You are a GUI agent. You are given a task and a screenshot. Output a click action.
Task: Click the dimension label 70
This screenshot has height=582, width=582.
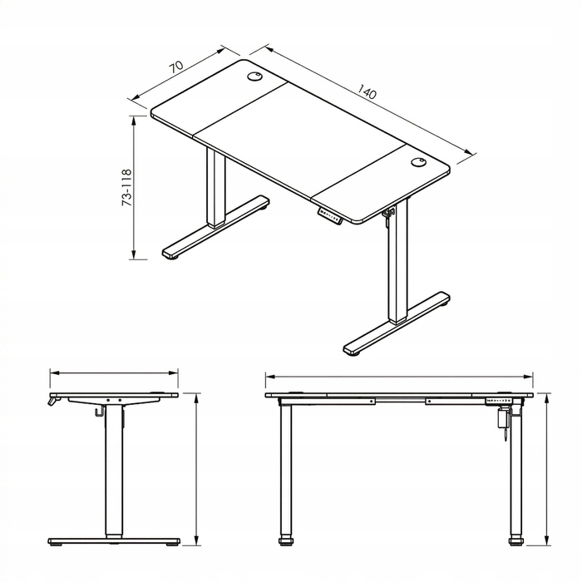point(176,67)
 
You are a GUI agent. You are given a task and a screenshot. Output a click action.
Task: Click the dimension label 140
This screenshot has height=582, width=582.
point(367,91)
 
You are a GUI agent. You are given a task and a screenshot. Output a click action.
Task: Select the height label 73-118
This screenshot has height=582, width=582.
point(126,188)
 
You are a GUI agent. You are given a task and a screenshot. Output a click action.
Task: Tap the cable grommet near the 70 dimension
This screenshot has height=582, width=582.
point(254,76)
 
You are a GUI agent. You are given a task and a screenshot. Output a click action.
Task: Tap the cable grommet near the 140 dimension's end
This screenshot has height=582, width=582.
point(418,162)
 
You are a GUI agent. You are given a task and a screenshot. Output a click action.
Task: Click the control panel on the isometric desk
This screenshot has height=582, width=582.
point(329,215)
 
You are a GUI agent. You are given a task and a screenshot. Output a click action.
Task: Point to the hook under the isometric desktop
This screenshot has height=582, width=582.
point(388,214)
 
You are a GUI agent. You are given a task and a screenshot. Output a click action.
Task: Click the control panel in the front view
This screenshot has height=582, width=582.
point(499,401)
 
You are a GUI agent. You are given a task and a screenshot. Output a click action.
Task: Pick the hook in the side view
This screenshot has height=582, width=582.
point(98,411)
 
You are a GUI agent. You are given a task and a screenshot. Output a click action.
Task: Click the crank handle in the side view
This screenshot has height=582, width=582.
point(53,401)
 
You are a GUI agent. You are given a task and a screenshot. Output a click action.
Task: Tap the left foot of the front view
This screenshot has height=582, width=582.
point(285,540)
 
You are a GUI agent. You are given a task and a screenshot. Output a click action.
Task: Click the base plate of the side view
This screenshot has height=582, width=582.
point(114,540)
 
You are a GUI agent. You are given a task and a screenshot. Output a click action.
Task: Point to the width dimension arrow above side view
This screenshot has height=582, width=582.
point(114,372)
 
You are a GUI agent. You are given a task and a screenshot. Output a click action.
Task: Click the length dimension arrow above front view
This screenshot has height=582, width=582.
point(399,377)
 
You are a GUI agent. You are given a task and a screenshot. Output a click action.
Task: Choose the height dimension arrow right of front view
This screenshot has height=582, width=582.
point(546,469)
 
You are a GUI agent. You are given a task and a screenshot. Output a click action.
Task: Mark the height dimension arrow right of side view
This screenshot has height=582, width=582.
point(196,469)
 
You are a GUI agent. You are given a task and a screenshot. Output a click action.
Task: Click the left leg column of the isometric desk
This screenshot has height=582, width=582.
point(216,187)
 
